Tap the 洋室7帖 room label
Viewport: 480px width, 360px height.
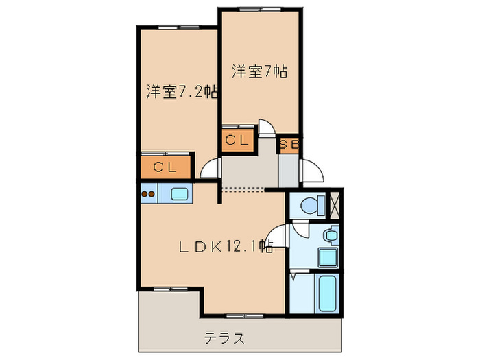[259, 71]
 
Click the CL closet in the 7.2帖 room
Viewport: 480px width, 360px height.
[165, 167]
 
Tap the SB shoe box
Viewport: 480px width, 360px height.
[289, 144]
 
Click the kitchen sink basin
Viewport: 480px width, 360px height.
[180, 193]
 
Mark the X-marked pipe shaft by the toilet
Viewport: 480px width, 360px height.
[336, 204]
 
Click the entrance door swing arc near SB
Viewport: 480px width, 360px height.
[310, 170]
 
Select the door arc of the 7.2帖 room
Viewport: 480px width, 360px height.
[210, 169]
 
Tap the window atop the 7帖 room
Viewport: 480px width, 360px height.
[259, 9]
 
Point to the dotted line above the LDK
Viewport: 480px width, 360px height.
[243, 189]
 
